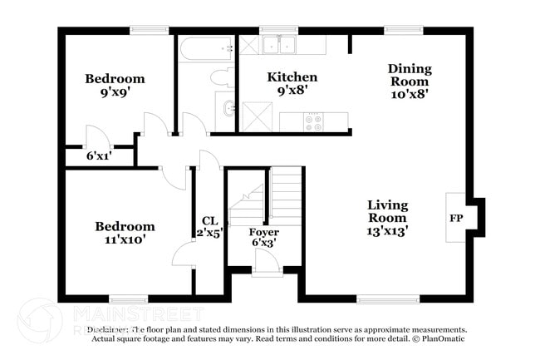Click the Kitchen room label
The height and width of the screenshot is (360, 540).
pos(292,84)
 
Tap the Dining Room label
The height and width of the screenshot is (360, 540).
pos(409,81)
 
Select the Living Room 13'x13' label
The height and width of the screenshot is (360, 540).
pos(388,218)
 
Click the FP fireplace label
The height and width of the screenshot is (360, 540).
pos(456,218)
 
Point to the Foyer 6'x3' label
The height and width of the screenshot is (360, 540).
pos(263,238)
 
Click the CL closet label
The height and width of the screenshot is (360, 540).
pos(210,227)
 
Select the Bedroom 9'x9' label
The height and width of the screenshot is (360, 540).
pos(115,86)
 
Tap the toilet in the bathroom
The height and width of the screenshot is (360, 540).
pos(222,79)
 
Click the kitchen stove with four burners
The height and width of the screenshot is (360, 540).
pos(314,122)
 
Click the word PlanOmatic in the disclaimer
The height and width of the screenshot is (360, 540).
pos(444,339)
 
